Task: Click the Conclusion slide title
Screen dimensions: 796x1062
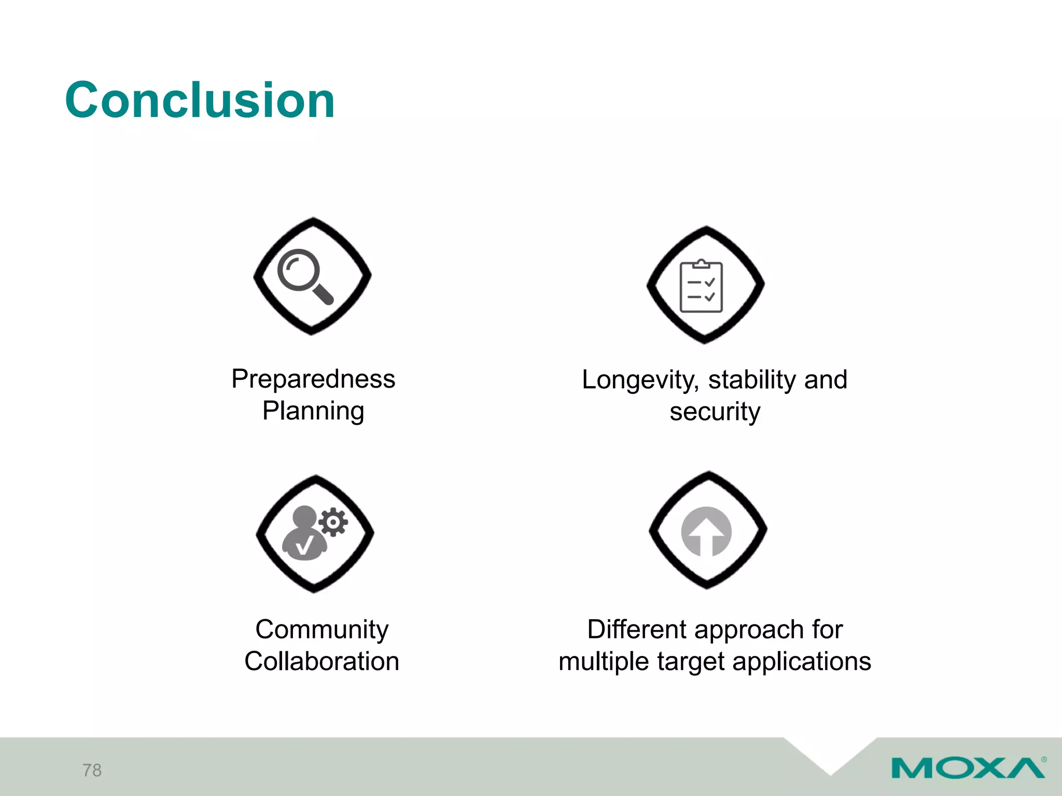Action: [x=200, y=100]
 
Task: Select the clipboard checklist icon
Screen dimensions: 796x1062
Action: [x=701, y=286]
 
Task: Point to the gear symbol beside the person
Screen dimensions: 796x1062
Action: [x=333, y=522]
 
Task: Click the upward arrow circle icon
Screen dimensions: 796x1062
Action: [x=706, y=532]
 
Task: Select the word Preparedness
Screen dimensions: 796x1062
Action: [x=313, y=379]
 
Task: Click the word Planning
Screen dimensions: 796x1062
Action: [x=313, y=411]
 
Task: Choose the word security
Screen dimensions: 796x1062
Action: [x=715, y=412]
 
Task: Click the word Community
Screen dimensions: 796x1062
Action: [x=322, y=630]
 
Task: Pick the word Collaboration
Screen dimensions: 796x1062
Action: [x=322, y=662]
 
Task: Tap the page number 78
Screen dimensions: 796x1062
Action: [x=92, y=770]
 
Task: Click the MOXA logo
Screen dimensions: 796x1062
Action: [x=968, y=767]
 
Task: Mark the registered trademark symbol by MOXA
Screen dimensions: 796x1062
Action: [x=1043, y=760]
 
